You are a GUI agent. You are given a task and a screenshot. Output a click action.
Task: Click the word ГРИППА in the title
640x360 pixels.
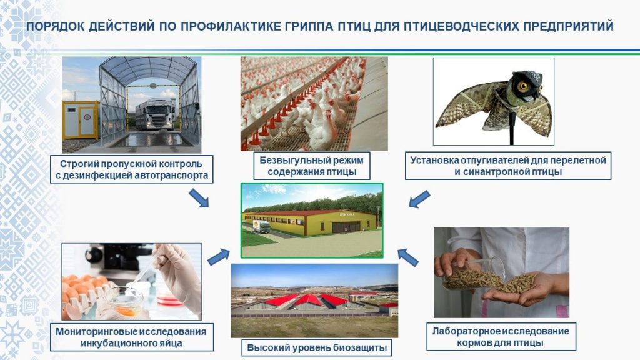pos(307,26)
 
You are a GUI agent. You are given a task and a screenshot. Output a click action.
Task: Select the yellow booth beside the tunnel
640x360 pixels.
pos(81,120)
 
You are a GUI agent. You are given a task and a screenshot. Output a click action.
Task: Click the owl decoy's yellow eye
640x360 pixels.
pos(523,86)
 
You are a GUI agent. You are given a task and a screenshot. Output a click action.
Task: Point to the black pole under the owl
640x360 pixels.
pos(512,130)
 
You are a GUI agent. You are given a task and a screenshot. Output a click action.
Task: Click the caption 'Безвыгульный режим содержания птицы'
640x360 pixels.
pos(312,166)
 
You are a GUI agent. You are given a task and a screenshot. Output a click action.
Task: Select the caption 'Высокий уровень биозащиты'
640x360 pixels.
pos(317,347)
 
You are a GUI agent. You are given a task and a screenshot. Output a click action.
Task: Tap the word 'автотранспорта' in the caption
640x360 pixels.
pos(176,176)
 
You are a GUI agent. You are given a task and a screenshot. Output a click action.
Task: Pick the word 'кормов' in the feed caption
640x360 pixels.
pos(474,343)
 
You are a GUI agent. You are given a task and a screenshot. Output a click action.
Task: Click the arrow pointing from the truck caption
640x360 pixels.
pos(199,198)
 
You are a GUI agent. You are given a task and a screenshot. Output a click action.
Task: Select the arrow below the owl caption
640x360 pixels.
pos(419,199)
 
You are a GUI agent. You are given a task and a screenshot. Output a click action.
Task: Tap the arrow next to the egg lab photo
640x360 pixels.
pos(219,257)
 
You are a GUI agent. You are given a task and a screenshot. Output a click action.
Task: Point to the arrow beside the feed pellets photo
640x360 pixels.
pos(407,257)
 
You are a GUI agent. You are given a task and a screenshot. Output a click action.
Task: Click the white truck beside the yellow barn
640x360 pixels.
pos(262,226)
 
